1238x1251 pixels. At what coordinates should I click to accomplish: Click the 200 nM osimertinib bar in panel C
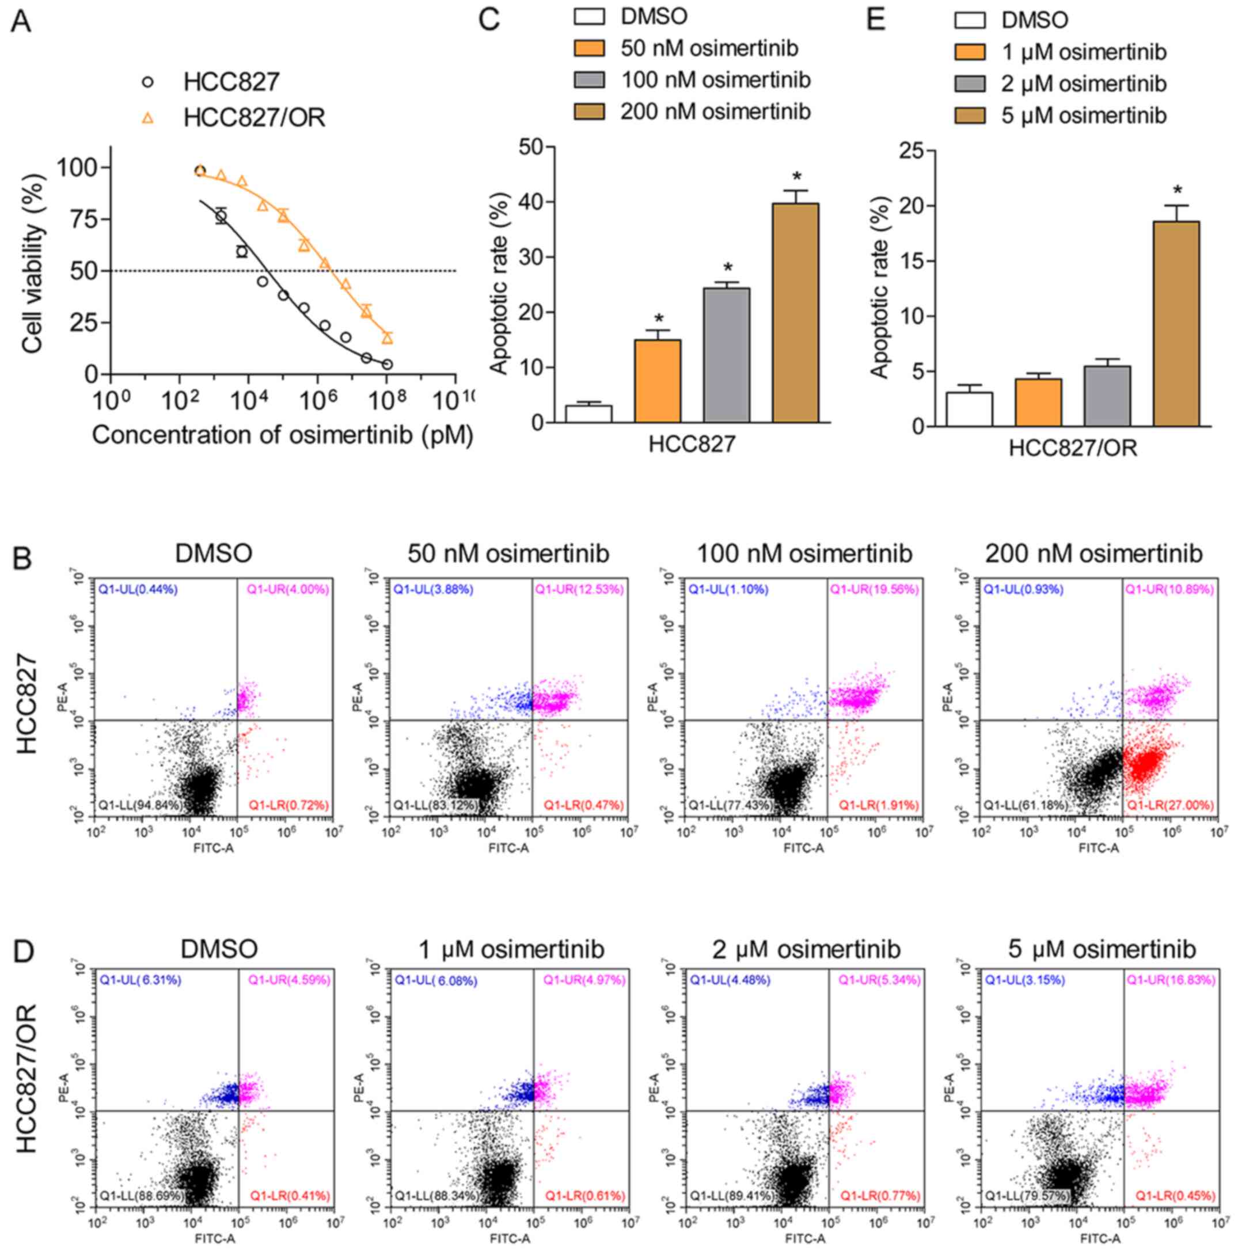click(x=795, y=313)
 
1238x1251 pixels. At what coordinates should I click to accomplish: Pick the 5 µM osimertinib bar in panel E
click(x=1176, y=324)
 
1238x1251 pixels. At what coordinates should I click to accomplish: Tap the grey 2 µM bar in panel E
click(x=1107, y=396)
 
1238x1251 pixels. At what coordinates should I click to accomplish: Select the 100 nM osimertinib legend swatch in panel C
click(x=588, y=79)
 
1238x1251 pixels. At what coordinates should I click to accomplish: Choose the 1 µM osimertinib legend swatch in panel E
click(x=969, y=52)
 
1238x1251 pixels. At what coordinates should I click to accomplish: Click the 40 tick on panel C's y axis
click(x=532, y=202)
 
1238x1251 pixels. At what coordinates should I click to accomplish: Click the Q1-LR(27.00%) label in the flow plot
click(x=1170, y=805)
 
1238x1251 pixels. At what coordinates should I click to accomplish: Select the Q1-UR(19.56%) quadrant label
click(x=874, y=589)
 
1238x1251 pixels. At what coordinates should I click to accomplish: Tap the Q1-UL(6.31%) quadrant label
click(x=140, y=980)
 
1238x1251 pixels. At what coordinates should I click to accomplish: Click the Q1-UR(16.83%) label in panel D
click(x=1171, y=980)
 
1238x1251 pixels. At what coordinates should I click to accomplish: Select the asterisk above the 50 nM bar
click(x=659, y=319)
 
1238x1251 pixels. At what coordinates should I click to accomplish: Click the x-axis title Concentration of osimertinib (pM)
click(x=282, y=434)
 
